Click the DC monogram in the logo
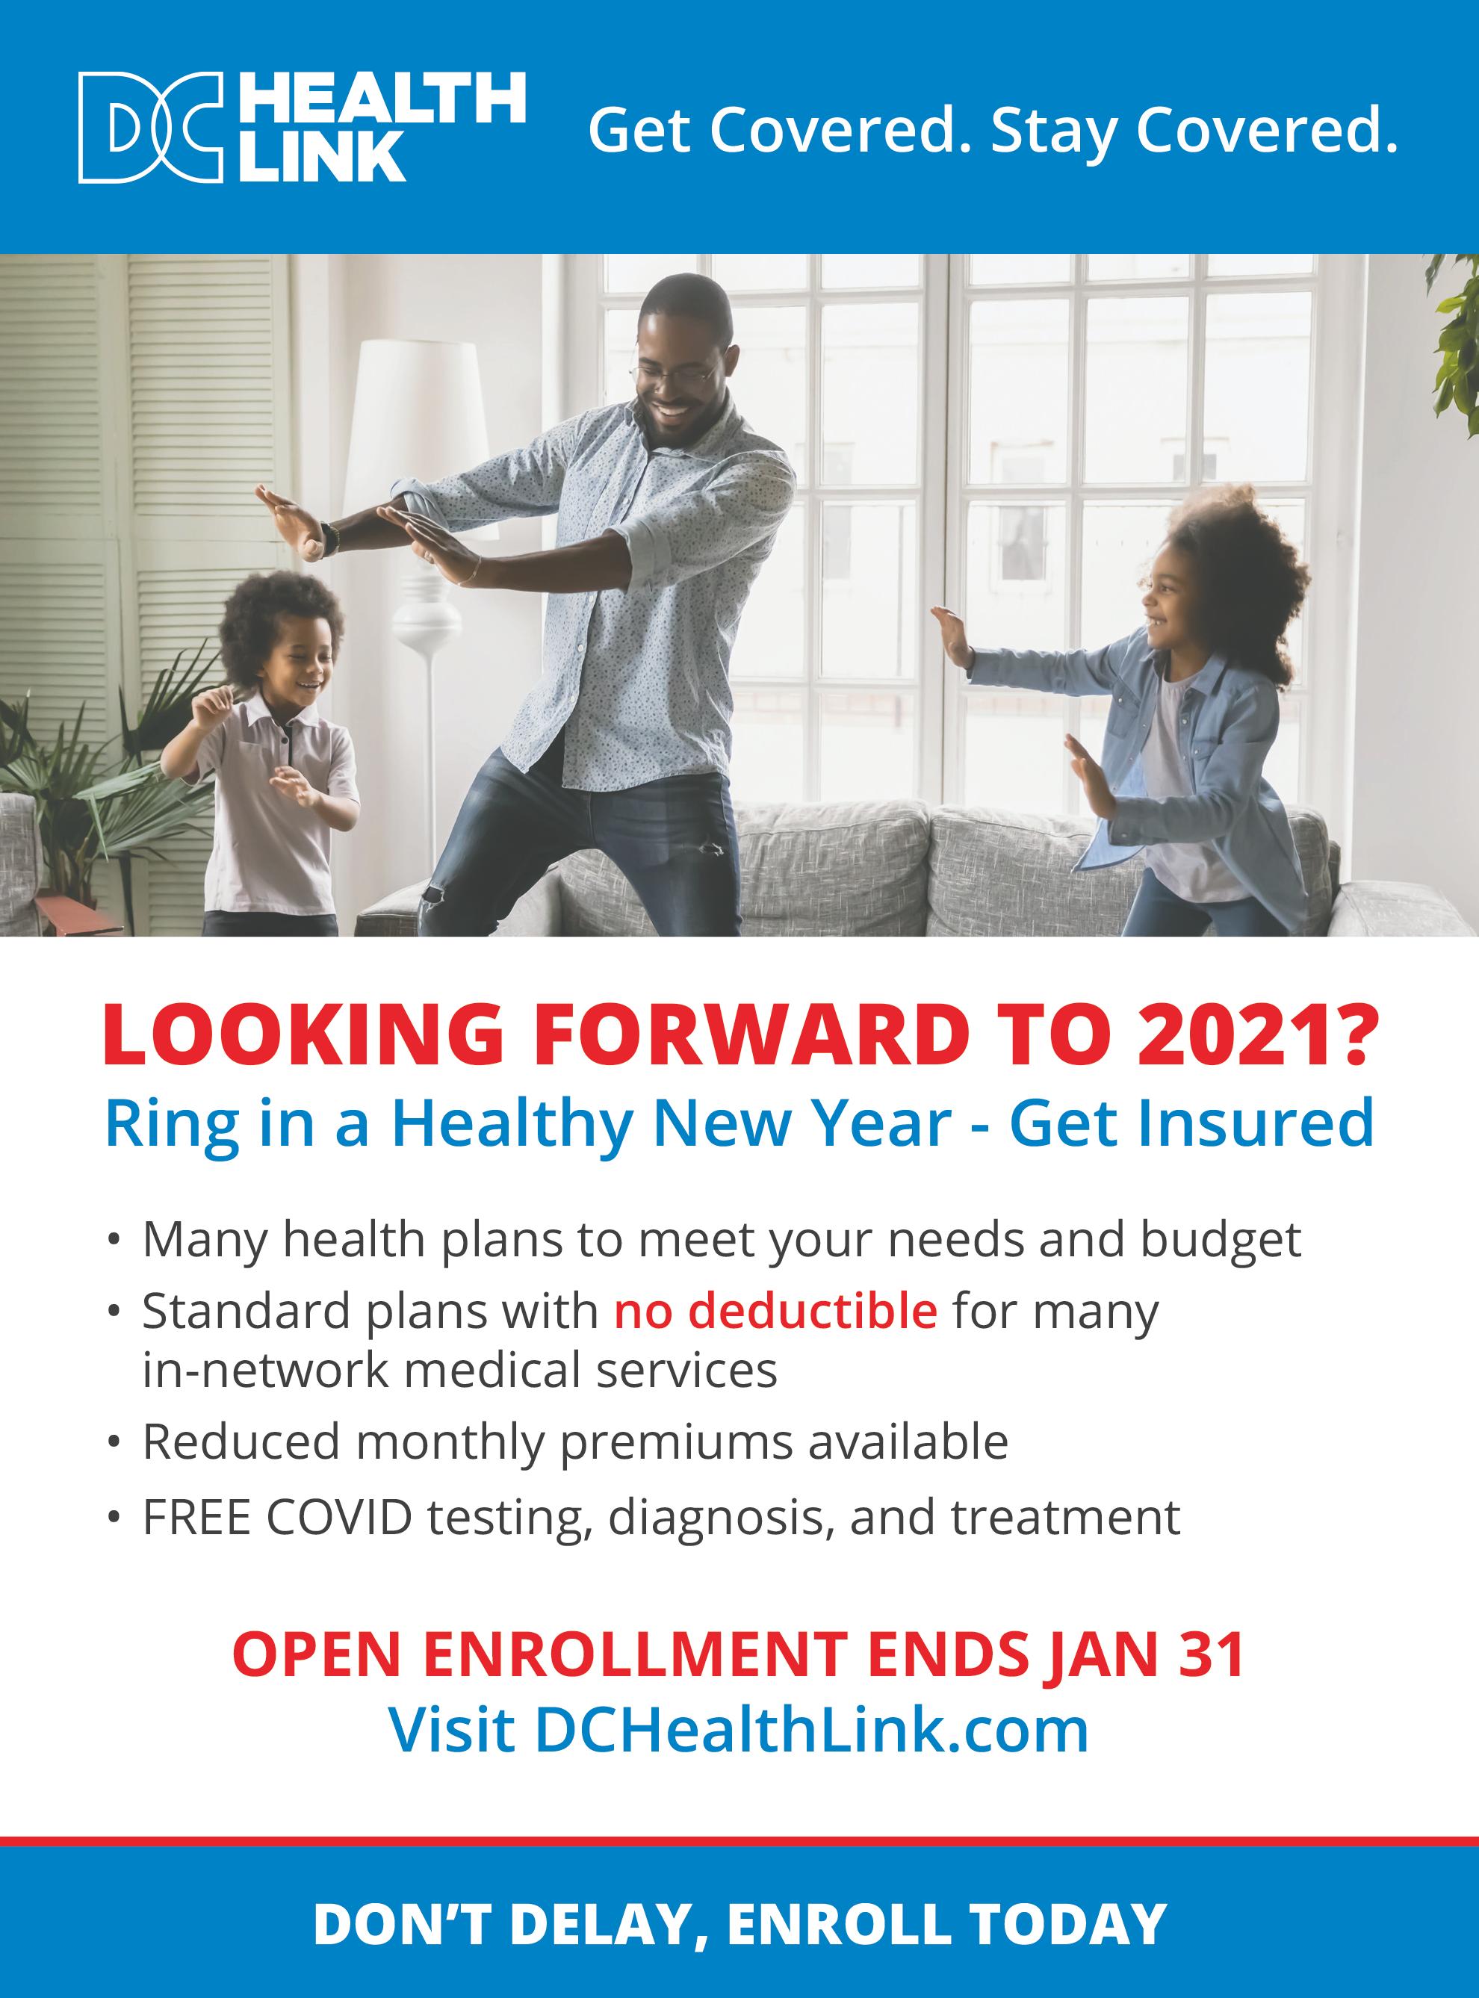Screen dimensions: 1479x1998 149,128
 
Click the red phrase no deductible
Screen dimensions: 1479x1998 775,1312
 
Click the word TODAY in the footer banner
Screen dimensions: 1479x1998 1068,1925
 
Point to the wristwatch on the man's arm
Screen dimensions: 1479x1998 331,538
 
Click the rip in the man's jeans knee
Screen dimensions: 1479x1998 712,847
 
